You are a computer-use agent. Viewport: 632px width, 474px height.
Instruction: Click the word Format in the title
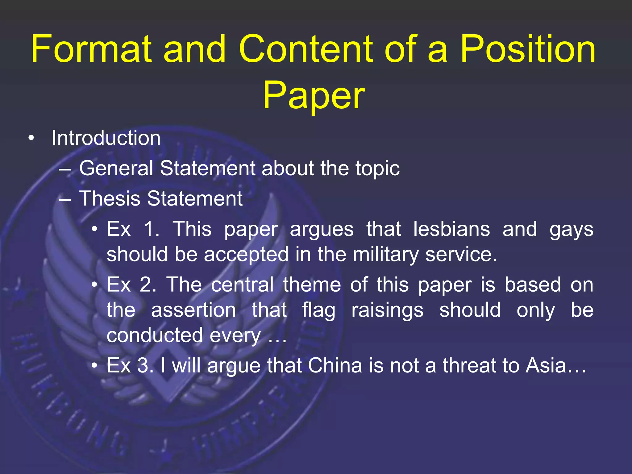(x=91, y=49)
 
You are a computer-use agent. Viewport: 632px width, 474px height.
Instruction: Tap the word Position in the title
(x=527, y=49)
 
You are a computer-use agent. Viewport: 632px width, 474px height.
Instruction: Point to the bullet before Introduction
(x=31, y=139)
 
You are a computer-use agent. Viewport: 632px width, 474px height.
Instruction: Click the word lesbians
(x=451, y=229)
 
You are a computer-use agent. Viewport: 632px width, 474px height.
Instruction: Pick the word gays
(x=571, y=230)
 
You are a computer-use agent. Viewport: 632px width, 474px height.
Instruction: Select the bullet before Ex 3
(x=95, y=366)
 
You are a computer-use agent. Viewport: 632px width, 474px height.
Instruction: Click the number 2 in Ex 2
(x=146, y=285)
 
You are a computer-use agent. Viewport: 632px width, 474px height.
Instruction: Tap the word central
(x=242, y=285)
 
